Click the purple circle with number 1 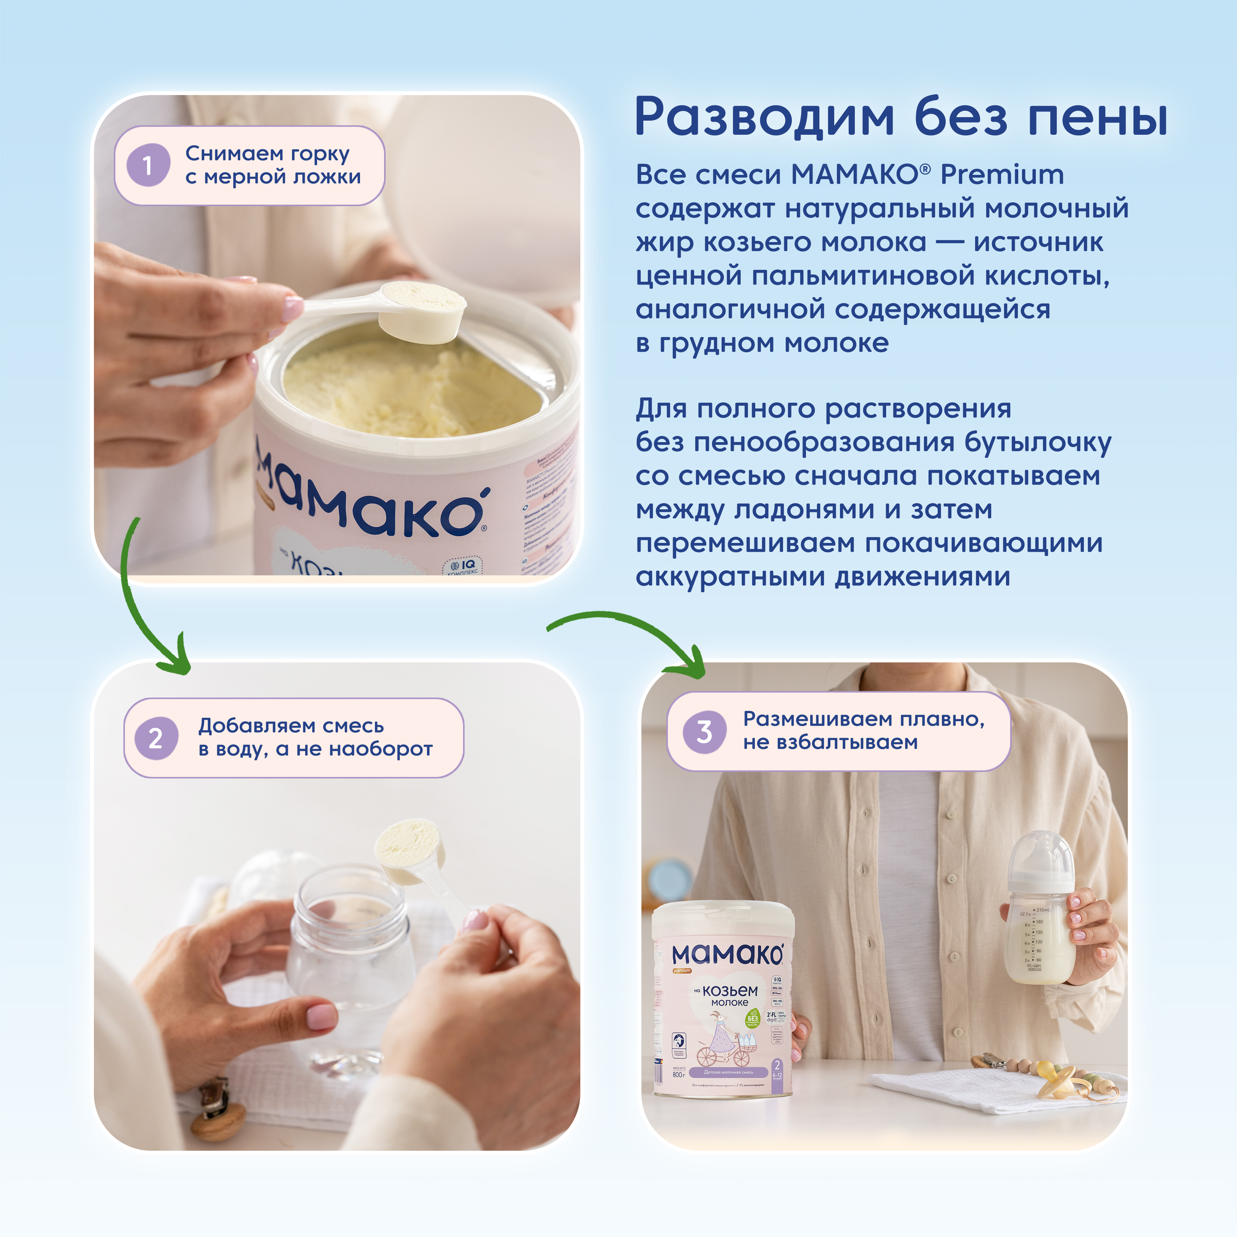click(x=148, y=165)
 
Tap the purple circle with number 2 click(x=156, y=738)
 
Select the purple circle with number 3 click(x=704, y=731)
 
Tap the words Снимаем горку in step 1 click(x=267, y=153)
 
